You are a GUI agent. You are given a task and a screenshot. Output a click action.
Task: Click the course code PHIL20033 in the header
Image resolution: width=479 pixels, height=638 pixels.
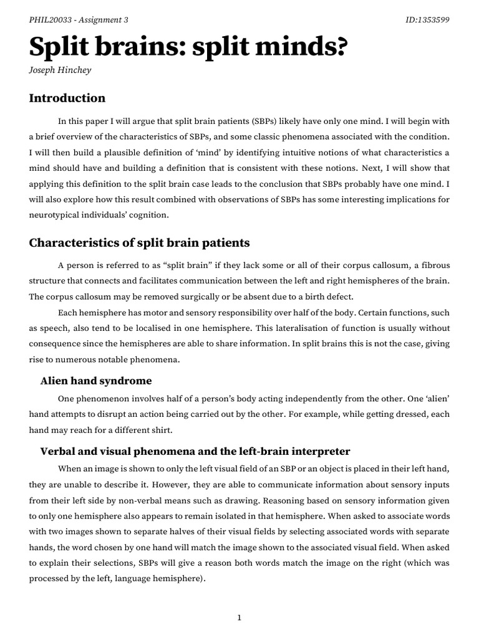[x=51, y=19]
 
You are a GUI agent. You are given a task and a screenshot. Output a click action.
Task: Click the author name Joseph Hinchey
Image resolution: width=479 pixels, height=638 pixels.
[x=60, y=70]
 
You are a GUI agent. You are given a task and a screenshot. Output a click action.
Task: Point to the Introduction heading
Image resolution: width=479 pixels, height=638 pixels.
[x=67, y=98]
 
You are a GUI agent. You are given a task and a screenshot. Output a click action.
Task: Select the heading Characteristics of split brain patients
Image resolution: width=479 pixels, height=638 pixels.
[x=139, y=242]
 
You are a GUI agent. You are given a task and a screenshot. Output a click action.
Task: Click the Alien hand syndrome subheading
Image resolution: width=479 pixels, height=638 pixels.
[x=96, y=381]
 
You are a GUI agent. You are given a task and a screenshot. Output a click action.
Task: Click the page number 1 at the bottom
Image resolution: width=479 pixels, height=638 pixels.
[x=239, y=601]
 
